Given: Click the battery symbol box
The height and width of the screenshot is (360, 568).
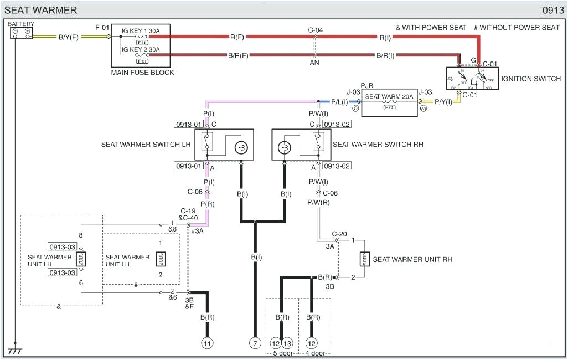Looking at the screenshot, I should [21, 33].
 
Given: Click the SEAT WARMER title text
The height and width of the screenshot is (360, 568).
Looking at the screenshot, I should [41, 10].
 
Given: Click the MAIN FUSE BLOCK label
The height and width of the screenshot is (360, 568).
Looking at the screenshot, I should [142, 73].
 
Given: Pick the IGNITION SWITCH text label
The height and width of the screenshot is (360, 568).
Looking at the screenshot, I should [531, 79].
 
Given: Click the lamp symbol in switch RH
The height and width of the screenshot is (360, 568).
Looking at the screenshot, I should [284, 147].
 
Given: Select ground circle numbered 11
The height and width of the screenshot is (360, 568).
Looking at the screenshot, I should [207, 343].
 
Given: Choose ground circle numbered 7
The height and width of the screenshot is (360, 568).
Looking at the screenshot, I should [255, 343].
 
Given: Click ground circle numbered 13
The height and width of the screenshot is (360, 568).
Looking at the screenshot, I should [288, 343].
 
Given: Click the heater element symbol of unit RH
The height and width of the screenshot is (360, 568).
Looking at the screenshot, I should [364, 259].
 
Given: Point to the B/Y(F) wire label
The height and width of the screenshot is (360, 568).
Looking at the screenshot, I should [69, 37].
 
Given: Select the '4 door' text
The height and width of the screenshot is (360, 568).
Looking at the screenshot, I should [315, 353].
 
